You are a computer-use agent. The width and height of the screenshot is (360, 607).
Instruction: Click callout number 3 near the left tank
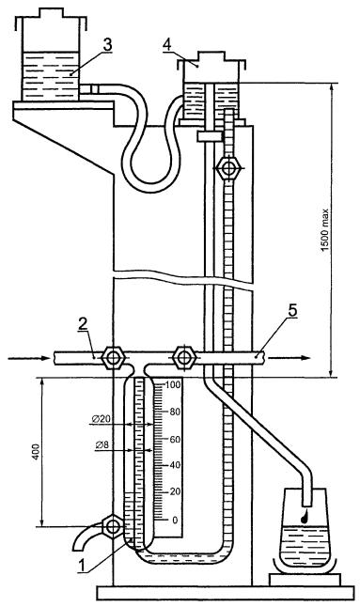point(107,45)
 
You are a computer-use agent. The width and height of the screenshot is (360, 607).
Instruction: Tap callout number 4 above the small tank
point(167,45)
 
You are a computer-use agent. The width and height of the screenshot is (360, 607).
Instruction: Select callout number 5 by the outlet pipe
point(292,310)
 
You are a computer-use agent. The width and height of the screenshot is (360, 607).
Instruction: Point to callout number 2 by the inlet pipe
point(83,324)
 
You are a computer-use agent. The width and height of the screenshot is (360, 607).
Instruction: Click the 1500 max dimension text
point(325,230)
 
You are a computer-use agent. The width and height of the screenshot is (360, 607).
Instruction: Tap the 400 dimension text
point(36,452)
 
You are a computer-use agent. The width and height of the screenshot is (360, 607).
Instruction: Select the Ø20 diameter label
point(101,418)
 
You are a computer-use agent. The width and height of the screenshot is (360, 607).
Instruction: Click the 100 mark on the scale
point(173,385)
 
